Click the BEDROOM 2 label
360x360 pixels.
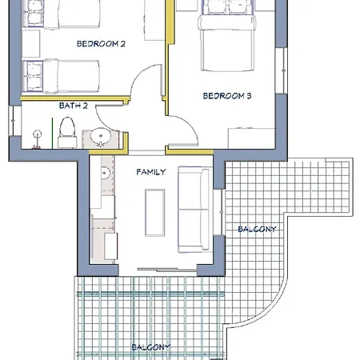pyautogui.click(x=101, y=44)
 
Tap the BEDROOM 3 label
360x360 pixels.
pyautogui.click(x=227, y=96)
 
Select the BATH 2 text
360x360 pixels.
pyautogui.click(x=74, y=106)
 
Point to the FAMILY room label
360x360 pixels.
pyautogui.click(x=151, y=172)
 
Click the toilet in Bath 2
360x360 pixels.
pyautogui.click(x=67, y=133)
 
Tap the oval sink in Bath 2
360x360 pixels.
pyautogui.click(x=101, y=136)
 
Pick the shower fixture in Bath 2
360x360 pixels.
pyautogui.click(x=37, y=138)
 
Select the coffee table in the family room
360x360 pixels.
pyautogui.click(x=154, y=213)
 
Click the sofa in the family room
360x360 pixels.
pyautogui.click(x=194, y=210)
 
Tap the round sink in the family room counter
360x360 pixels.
pyautogui.click(x=105, y=173)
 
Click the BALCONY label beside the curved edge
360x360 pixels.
pyautogui.click(x=257, y=229)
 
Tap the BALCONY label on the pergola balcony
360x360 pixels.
pyautogui.click(x=150, y=347)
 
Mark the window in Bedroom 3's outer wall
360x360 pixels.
pyautogui.click(x=282, y=70)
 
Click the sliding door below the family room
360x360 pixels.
pyautogui.click(x=167, y=270)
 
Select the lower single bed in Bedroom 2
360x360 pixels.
pyautogui.click(x=61, y=76)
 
